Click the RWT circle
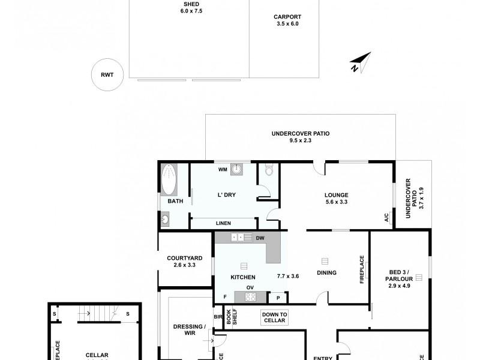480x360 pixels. coord(107,74)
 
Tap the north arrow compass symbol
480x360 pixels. coord(359,63)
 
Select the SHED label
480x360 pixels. coord(190,4)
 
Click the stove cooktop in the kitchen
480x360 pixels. coord(250,296)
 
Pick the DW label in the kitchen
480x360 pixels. coord(260,238)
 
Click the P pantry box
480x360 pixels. coord(278,297)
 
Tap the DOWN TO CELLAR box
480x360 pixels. coord(275,317)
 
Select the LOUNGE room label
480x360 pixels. coord(336,194)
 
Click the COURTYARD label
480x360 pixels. coord(184,258)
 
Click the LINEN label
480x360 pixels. coord(223,223)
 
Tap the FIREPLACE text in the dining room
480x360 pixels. coord(362,270)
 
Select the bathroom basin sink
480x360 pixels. coord(165,220)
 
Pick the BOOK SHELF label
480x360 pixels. coord(229,318)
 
